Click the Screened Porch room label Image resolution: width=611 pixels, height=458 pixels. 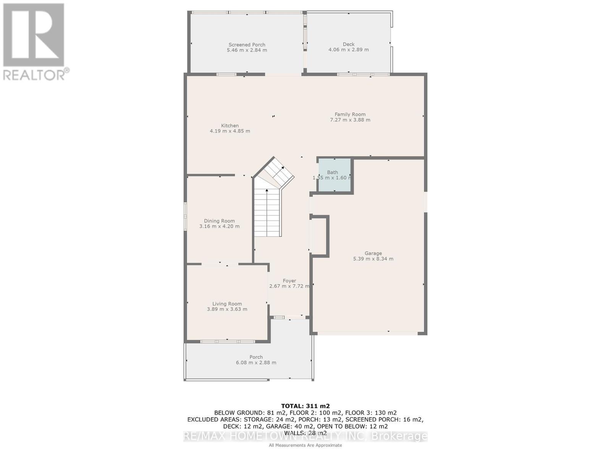tap(247, 45)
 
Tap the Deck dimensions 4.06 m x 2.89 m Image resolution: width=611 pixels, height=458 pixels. tap(348, 50)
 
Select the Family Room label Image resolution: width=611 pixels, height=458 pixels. tap(350, 114)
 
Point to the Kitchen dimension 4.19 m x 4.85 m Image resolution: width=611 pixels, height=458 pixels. tap(230, 131)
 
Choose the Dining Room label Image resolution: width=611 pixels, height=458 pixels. tap(219, 221)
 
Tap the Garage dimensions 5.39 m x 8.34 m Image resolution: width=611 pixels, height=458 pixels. tap(373, 259)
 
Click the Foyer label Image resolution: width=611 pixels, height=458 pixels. tap(289, 281)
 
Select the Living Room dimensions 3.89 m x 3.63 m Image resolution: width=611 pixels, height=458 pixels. tap(227, 309)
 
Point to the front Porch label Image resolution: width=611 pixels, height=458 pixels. tap(256, 357)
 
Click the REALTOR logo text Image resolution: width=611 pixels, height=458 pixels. tap(36, 74)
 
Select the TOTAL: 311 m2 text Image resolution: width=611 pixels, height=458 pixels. tap(305, 406)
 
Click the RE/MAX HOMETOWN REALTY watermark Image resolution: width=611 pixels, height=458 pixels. tap(305, 436)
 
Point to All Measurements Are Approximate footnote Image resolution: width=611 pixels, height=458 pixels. tap(305, 445)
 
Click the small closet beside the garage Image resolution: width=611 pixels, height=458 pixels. tap(320, 236)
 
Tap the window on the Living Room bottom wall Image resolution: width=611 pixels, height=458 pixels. tap(228, 341)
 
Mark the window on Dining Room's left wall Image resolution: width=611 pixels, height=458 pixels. tap(185, 216)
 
